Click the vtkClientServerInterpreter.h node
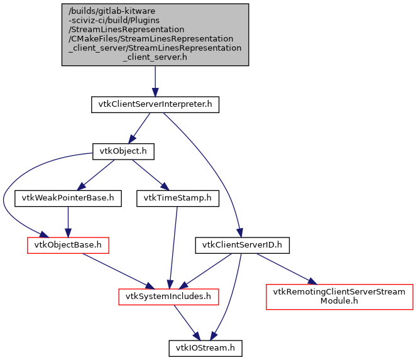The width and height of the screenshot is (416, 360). (x=155, y=104)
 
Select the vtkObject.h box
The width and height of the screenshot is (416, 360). (x=123, y=151)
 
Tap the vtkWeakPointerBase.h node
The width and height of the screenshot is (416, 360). (x=68, y=199)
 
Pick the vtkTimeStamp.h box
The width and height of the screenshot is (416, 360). (x=177, y=199)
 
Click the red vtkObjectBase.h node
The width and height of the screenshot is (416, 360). (x=68, y=245)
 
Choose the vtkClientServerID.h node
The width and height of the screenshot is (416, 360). (x=242, y=245)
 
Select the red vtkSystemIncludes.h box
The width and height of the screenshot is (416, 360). (x=168, y=295)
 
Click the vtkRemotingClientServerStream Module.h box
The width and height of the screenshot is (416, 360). (x=339, y=297)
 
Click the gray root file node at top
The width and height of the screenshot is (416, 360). (x=155, y=34)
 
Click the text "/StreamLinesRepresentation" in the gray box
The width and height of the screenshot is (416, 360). (x=127, y=29)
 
